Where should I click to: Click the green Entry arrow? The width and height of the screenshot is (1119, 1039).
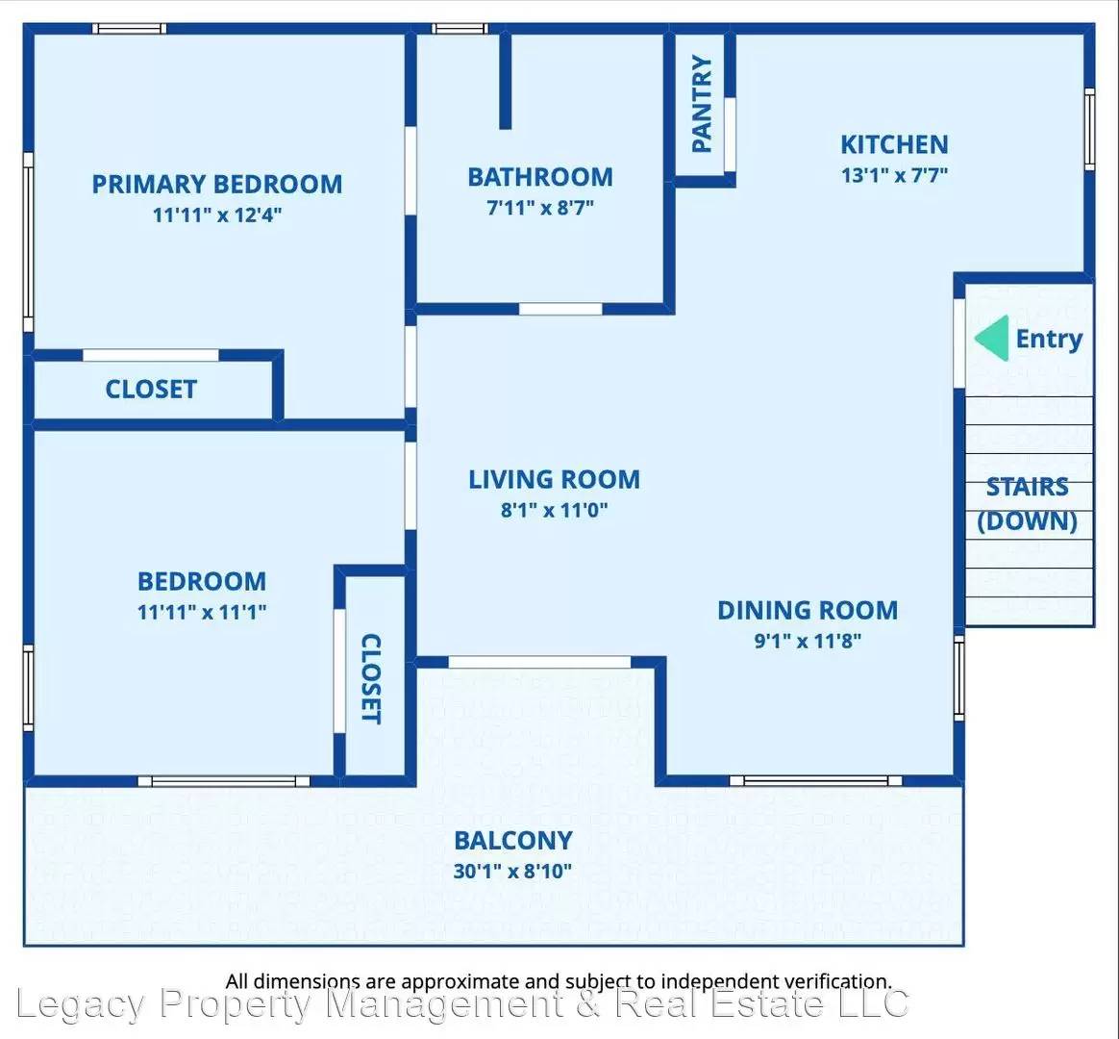pyautogui.click(x=992, y=338)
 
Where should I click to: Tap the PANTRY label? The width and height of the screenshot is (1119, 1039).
pyautogui.click(x=702, y=104)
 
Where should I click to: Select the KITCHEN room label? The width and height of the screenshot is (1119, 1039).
pyautogui.click(x=894, y=144)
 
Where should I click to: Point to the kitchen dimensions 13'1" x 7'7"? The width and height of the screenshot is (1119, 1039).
pyautogui.click(x=894, y=175)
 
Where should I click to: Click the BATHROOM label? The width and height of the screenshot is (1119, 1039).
pyautogui.click(x=540, y=176)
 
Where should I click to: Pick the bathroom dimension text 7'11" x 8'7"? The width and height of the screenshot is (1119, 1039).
pyautogui.click(x=540, y=208)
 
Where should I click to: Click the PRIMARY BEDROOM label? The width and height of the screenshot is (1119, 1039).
pyautogui.click(x=217, y=185)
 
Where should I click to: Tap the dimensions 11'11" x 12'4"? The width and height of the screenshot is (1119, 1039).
pyautogui.click(x=217, y=215)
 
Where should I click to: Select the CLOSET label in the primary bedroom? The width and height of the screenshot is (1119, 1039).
pyautogui.click(x=151, y=390)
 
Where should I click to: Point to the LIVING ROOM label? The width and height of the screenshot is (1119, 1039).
pyautogui.click(x=554, y=479)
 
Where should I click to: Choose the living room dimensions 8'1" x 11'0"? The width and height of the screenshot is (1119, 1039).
pyautogui.click(x=554, y=510)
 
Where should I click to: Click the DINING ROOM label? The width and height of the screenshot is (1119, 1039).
pyautogui.click(x=808, y=611)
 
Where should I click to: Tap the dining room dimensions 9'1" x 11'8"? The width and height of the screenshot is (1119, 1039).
pyautogui.click(x=808, y=641)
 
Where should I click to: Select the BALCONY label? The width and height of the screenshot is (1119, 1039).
pyautogui.click(x=513, y=841)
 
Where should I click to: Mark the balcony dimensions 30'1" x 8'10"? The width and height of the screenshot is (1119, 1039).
pyautogui.click(x=513, y=872)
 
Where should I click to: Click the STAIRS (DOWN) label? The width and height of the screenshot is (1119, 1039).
pyautogui.click(x=1027, y=503)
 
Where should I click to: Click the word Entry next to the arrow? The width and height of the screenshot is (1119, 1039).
pyautogui.click(x=1049, y=339)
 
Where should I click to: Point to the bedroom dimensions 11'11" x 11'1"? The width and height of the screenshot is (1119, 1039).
pyautogui.click(x=202, y=612)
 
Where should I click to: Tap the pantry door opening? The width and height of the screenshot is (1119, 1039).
pyautogui.click(x=730, y=135)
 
